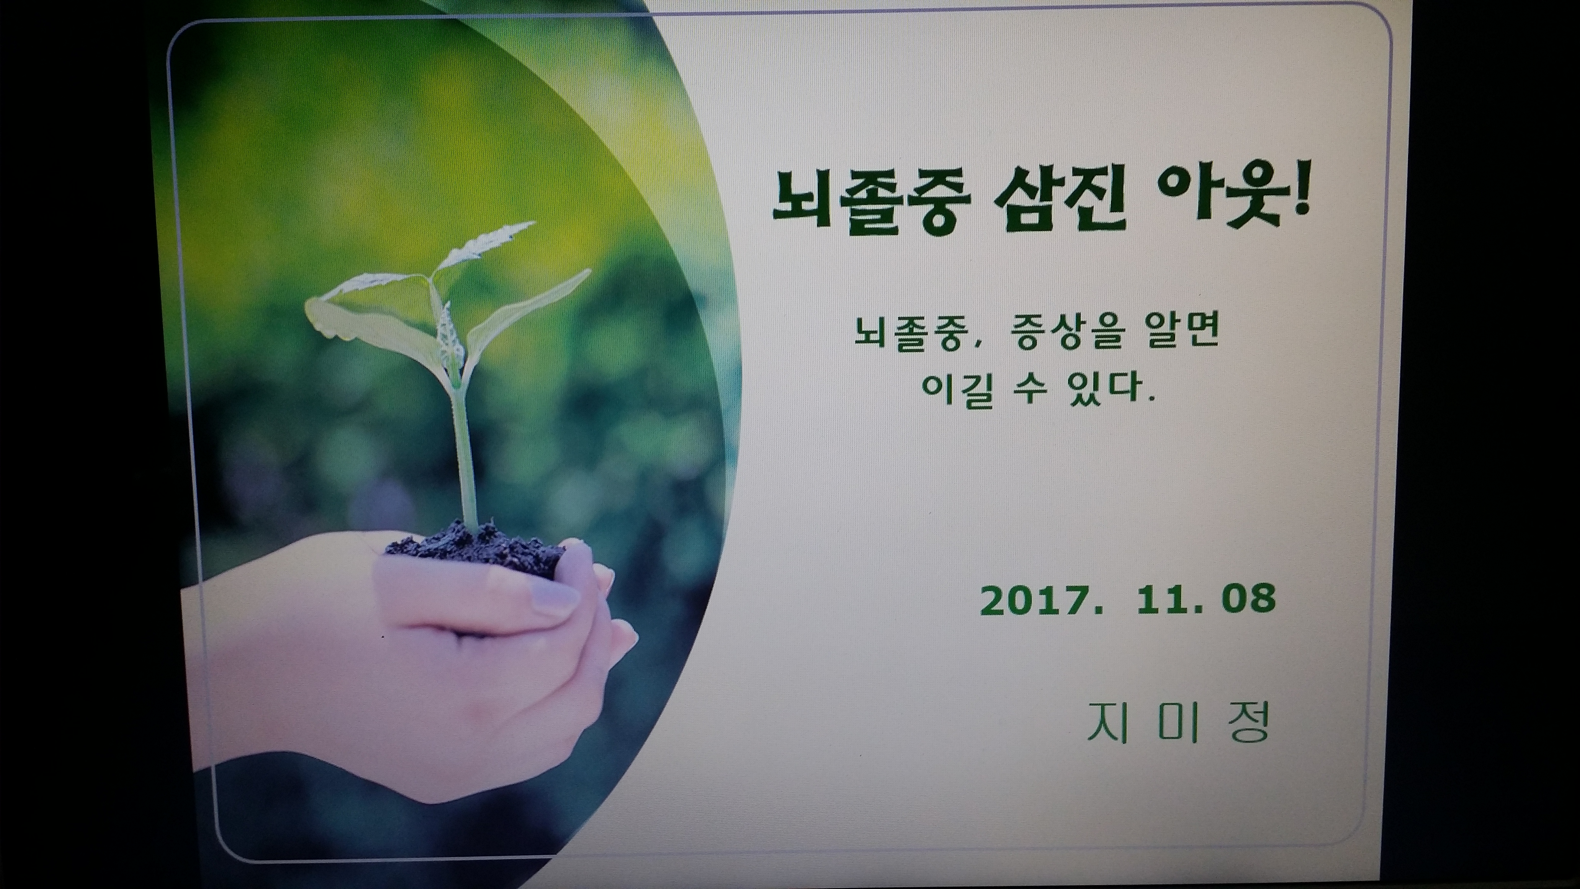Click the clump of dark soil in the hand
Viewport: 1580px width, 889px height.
coord(475,550)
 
